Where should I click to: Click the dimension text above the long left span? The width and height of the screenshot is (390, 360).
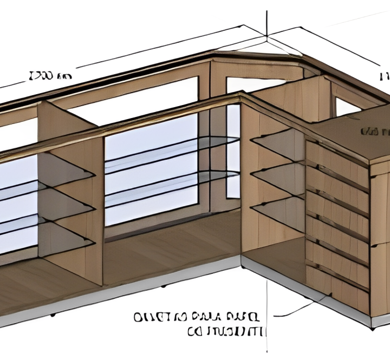pyautogui.click(x=49, y=75)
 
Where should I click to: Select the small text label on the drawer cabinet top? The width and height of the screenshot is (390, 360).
pyautogui.click(x=375, y=132)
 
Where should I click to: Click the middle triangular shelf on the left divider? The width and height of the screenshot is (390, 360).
pyautogui.click(x=65, y=200)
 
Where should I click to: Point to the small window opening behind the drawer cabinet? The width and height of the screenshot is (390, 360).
pyautogui.click(x=346, y=107)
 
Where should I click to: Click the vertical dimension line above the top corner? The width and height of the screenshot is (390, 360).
pyautogui.click(x=267, y=16)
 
